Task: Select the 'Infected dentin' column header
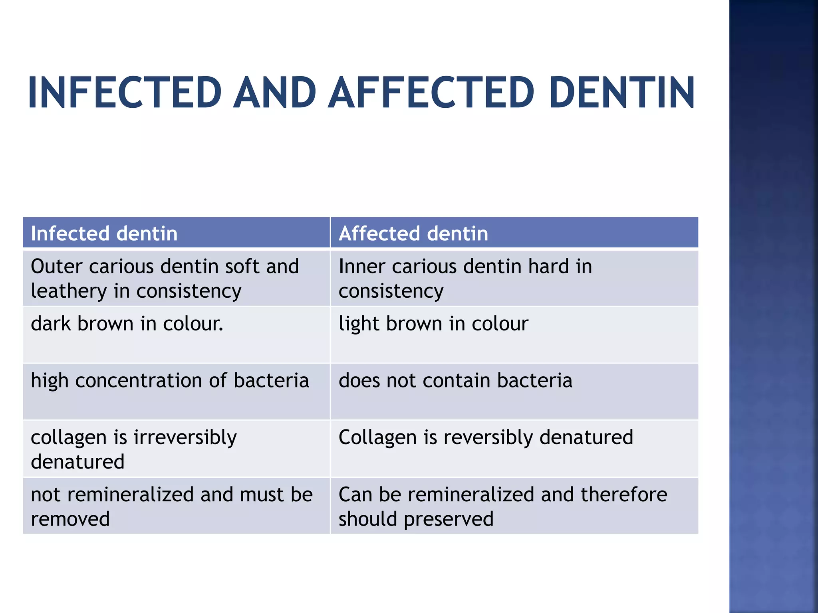[x=104, y=233]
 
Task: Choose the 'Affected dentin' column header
[x=413, y=233]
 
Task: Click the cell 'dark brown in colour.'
[x=127, y=323]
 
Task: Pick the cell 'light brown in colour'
[x=433, y=323]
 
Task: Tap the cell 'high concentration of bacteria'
[x=170, y=380]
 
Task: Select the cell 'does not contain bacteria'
[x=455, y=380]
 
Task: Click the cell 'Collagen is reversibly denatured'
[x=486, y=437]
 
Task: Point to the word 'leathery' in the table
[x=69, y=291]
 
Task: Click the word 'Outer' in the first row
[x=56, y=266]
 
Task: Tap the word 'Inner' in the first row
[x=361, y=266]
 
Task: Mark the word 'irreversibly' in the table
[x=185, y=437]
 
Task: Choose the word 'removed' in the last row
[x=70, y=519]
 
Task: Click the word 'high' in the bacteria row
[x=50, y=380]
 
